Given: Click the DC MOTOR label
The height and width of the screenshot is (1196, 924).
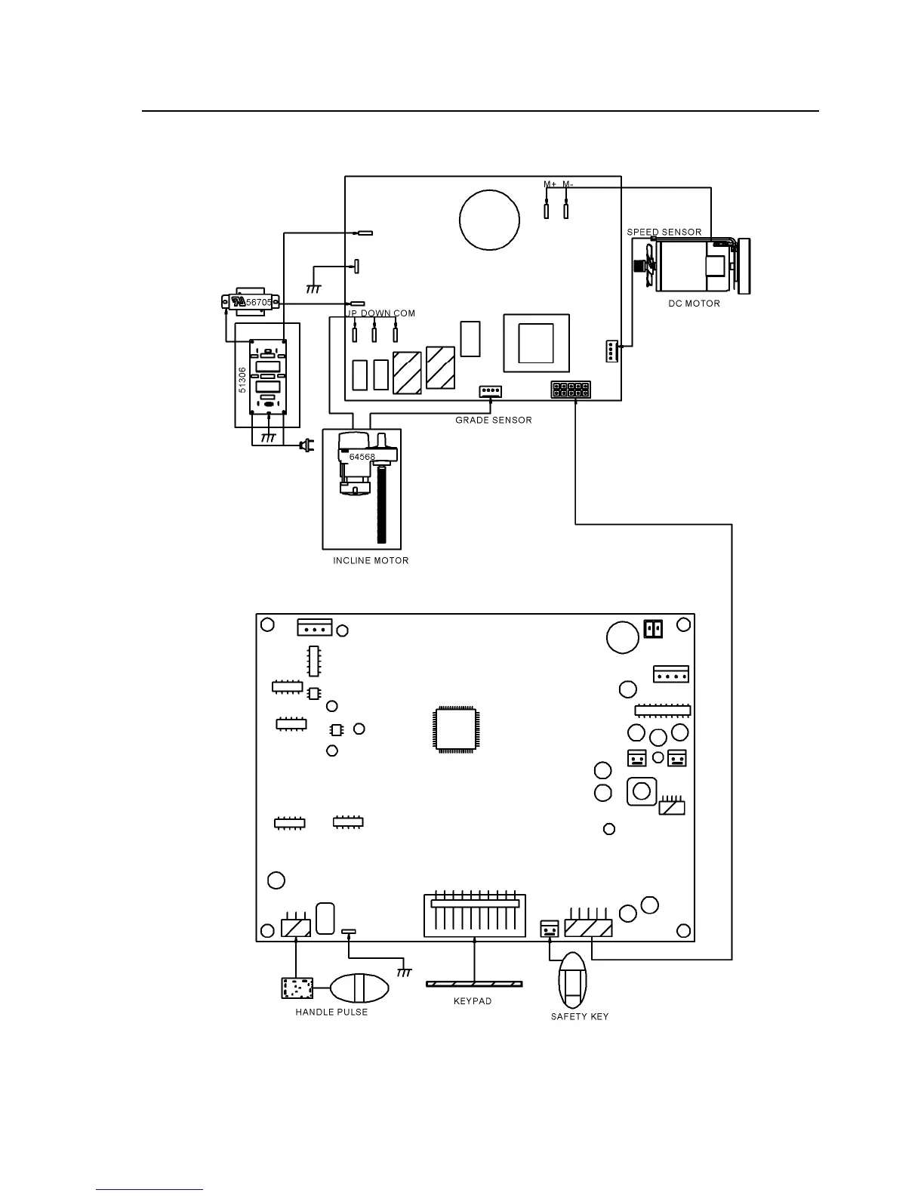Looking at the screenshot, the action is [x=694, y=304].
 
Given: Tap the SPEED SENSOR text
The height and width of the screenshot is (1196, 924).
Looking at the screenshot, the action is [x=664, y=232].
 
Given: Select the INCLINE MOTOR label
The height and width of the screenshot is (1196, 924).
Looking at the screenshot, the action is [x=371, y=561].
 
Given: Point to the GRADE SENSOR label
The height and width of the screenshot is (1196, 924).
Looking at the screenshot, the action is [x=493, y=420].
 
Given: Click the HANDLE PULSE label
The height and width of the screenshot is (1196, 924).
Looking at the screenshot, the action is [x=331, y=1012].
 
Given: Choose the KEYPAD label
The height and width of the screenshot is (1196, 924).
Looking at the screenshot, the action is [x=473, y=1001].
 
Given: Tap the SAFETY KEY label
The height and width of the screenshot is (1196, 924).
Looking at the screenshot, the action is [x=579, y=1016].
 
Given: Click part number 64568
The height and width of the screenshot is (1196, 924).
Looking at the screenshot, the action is [x=362, y=457].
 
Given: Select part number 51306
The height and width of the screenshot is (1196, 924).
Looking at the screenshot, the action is [x=242, y=379].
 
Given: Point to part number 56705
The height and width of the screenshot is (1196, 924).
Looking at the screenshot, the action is [x=259, y=302].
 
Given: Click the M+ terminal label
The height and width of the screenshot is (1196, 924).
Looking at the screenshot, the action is [x=550, y=184].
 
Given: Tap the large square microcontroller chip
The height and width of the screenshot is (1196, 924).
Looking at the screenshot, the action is [x=455, y=729].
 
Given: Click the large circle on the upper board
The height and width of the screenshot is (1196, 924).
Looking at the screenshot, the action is [x=490, y=220].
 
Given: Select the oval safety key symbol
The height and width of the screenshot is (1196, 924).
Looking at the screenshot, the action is [x=572, y=979].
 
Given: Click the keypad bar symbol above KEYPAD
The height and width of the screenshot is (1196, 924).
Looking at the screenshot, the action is [x=474, y=984].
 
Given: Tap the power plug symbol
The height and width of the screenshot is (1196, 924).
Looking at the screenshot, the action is [x=306, y=446].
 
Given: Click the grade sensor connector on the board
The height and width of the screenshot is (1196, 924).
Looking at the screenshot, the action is [x=490, y=391].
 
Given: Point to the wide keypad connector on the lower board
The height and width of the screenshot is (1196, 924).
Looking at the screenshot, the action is [x=474, y=916].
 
